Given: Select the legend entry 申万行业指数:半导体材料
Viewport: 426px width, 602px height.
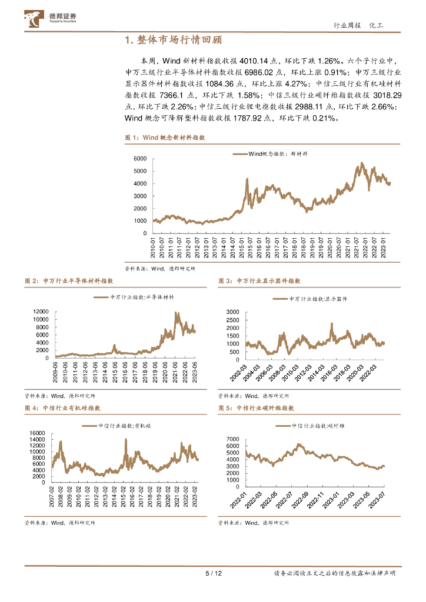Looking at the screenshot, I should click(x=138, y=297).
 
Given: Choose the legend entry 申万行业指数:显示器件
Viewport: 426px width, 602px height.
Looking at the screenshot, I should click(x=318, y=299).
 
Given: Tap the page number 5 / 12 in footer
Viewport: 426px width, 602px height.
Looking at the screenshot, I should click(x=212, y=573).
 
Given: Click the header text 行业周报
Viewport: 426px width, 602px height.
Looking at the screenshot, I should click(x=345, y=25).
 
